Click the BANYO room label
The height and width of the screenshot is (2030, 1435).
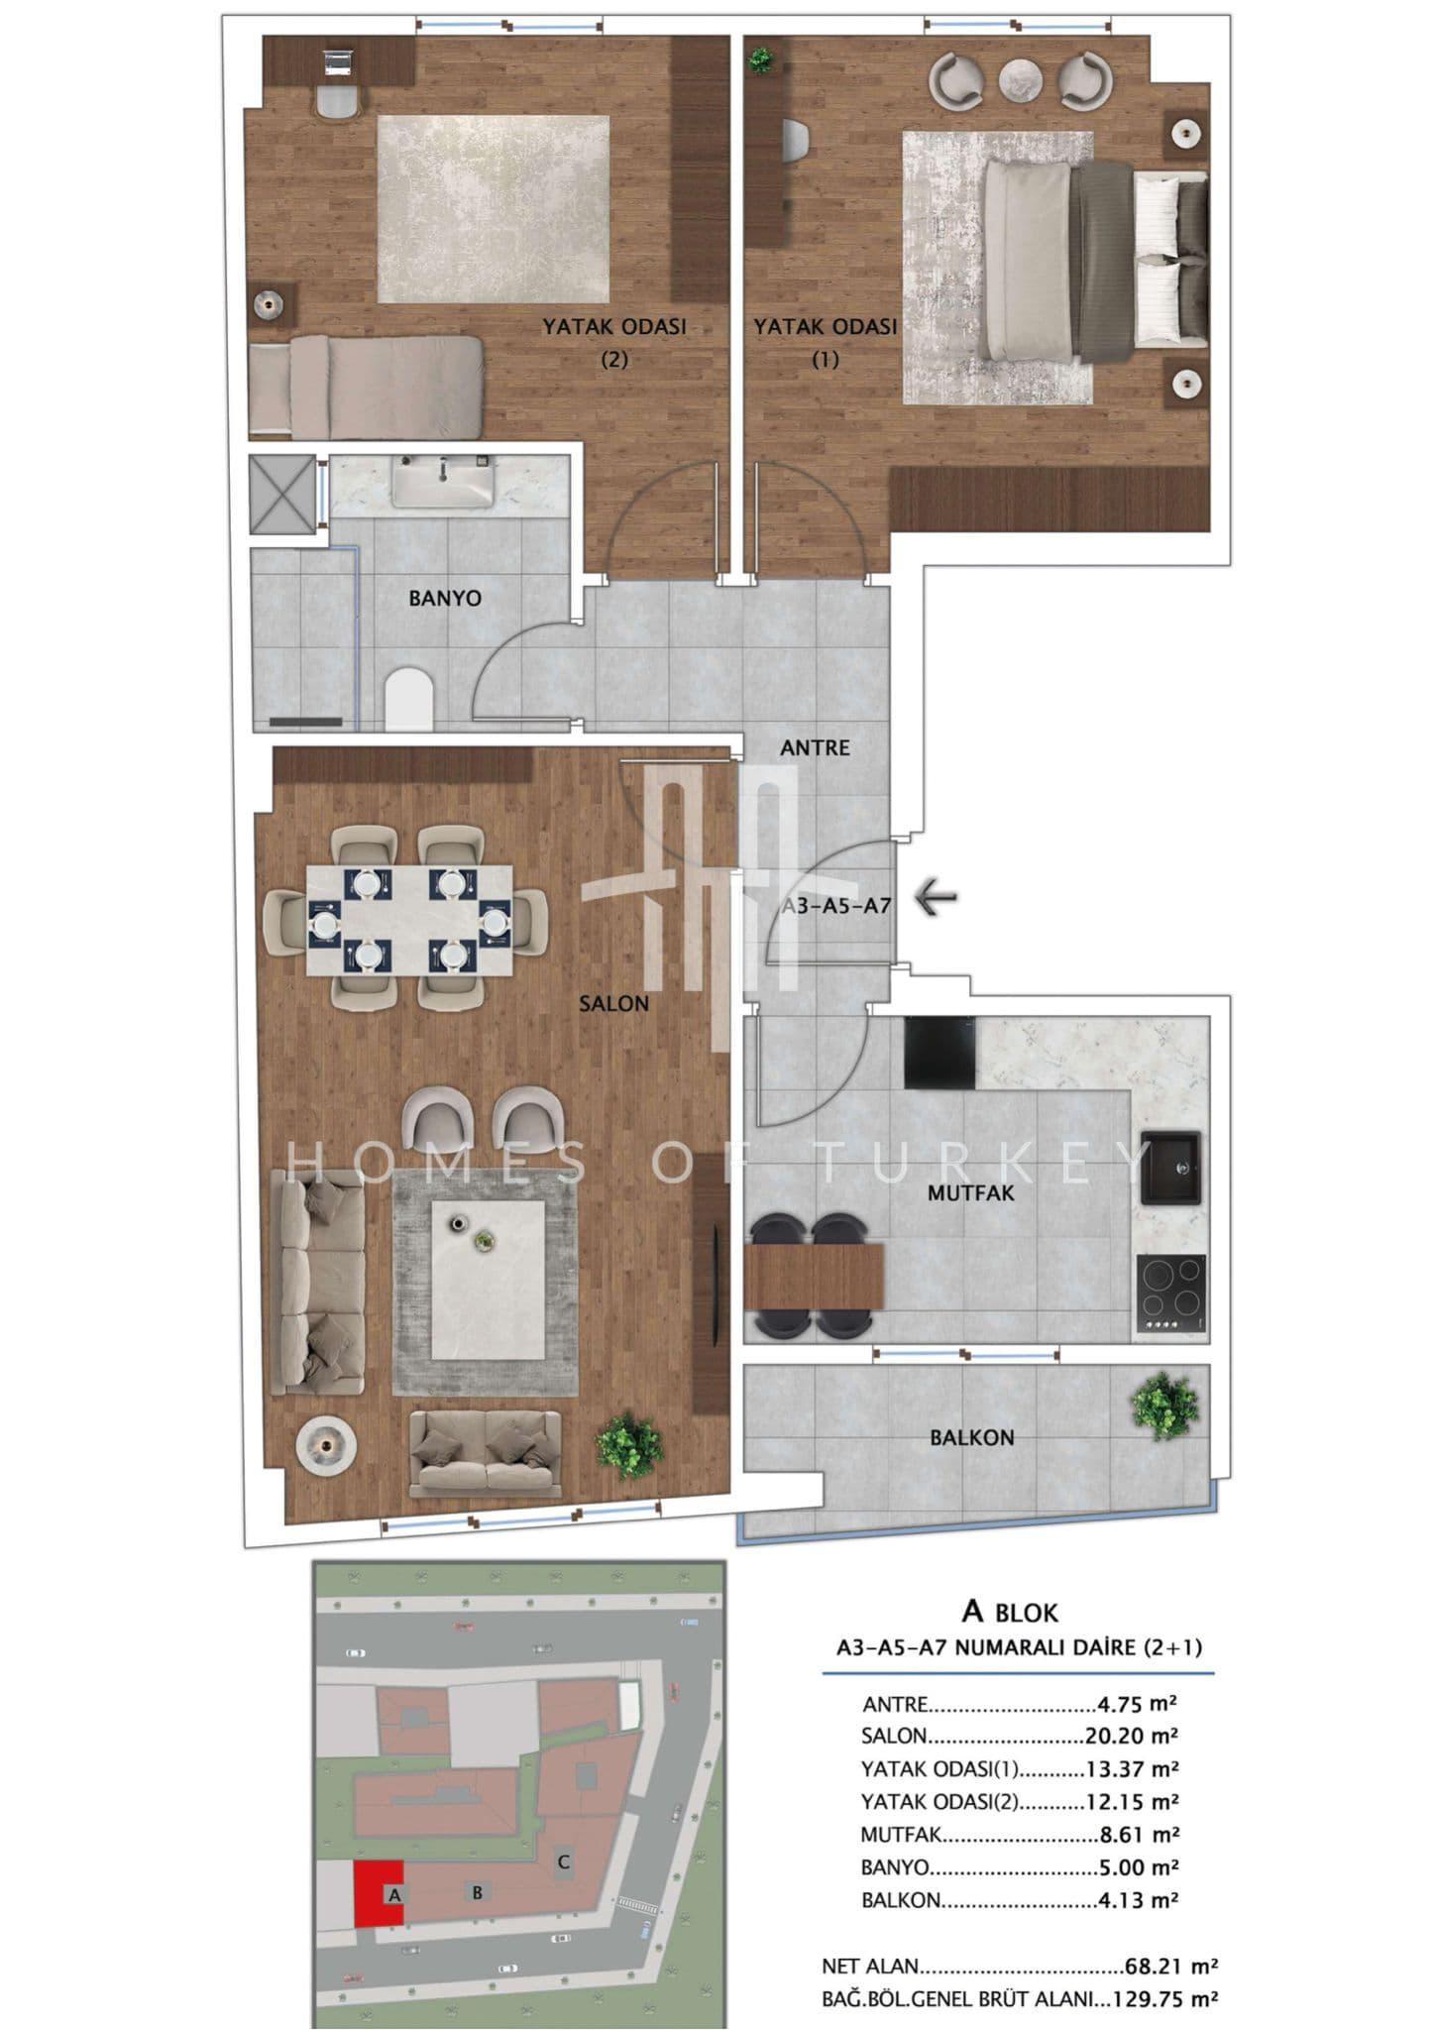(x=445, y=598)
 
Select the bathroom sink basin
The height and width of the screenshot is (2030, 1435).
(x=442, y=483)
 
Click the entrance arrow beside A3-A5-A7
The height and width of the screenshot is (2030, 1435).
(x=935, y=898)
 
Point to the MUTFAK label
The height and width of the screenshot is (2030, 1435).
(x=971, y=1192)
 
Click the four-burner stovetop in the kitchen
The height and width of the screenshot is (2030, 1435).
(x=1171, y=1293)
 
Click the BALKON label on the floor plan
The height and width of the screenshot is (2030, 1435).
(x=971, y=1437)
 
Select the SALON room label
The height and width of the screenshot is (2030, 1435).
(x=613, y=1003)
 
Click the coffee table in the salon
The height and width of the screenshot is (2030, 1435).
(x=488, y=1280)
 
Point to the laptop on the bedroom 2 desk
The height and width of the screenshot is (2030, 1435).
(x=338, y=63)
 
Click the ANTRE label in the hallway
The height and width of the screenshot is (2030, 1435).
(x=815, y=747)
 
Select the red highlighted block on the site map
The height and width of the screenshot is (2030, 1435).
(x=379, y=1892)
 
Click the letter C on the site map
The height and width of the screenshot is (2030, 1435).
(x=563, y=1861)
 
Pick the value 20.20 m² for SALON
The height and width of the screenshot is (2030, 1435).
(x=1129, y=1736)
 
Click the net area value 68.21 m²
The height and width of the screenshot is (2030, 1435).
(x=1171, y=1966)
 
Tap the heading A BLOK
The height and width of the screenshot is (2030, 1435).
(x=1010, y=1612)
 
